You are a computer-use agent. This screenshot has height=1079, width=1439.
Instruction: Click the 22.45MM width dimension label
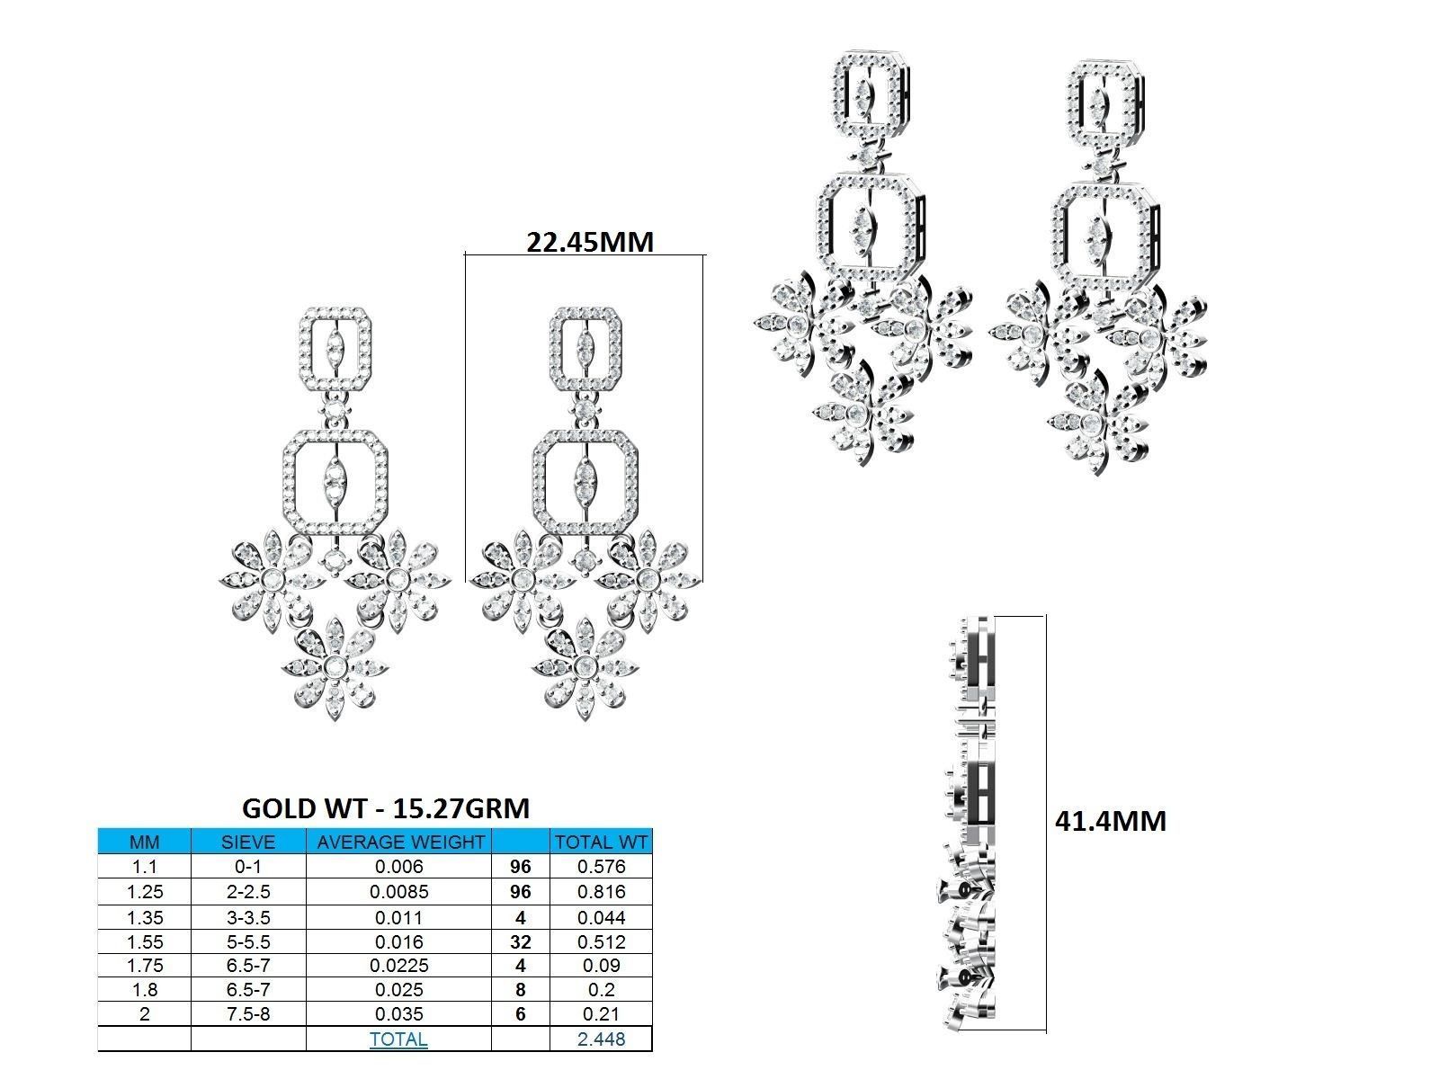pyautogui.click(x=589, y=241)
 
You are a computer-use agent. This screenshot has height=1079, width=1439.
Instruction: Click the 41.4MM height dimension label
pyautogui.click(x=1110, y=821)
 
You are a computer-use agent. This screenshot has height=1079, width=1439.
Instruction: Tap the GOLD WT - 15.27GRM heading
pyautogui.click(x=386, y=808)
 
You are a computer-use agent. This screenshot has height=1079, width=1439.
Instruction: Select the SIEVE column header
pyautogui.click(x=248, y=843)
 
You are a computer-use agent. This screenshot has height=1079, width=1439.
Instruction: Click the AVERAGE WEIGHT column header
pyautogui.click(x=399, y=843)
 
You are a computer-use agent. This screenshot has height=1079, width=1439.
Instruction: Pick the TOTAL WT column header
pyautogui.click(x=601, y=843)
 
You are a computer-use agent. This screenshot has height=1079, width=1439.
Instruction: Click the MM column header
pyautogui.click(x=144, y=843)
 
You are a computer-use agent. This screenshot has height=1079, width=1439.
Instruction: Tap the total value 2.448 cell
pyautogui.click(x=601, y=1039)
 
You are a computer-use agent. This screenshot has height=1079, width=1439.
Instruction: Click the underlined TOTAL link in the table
pyautogui.click(x=398, y=1039)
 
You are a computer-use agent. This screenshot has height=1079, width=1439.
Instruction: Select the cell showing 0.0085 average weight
pyautogui.click(x=399, y=892)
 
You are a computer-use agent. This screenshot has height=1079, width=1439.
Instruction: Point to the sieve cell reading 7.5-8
pyautogui.click(x=248, y=1014)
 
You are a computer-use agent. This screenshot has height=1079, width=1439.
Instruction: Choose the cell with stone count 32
pyautogui.click(x=520, y=941)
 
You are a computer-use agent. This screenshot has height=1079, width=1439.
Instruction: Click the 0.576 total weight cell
pyautogui.click(x=601, y=867)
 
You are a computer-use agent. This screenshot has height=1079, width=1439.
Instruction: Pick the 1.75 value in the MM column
pyautogui.click(x=144, y=966)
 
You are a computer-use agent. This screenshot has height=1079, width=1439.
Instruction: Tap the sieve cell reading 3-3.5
pyautogui.click(x=248, y=917)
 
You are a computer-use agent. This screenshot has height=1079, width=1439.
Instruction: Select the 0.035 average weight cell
pyautogui.click(x=399, y=1014)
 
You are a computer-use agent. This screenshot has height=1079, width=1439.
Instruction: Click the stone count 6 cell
pyautogui.click(x=520, y=1014)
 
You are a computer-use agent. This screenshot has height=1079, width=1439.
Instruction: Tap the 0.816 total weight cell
pyautogui.click(x=601, y=892)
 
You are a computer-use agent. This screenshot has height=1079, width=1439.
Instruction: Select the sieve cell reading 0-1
pyautogui.click(x=248, y=867)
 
